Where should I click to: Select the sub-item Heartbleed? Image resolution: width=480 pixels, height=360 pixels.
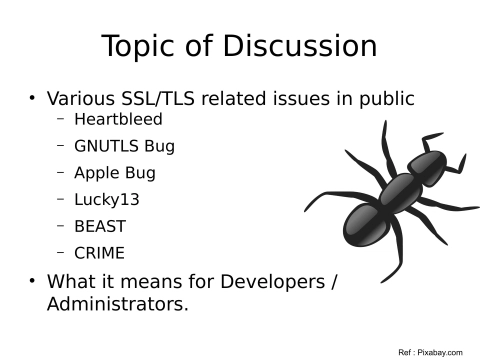[x=118, y=119]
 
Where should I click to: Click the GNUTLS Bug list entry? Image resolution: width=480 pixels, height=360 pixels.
[x=124, y=146]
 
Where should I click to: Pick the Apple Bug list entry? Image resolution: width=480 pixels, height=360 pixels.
[x=114, y=173]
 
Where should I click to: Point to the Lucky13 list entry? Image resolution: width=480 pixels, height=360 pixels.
[x=107, y=200]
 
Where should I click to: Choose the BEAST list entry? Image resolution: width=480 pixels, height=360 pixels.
[x=100, y=227]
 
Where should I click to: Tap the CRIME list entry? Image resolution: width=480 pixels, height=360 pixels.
[x=99, y=254]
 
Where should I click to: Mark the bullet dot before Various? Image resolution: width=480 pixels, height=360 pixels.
[x=32, y=98]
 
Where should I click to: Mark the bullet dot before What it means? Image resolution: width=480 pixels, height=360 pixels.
[x=32, y=280]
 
